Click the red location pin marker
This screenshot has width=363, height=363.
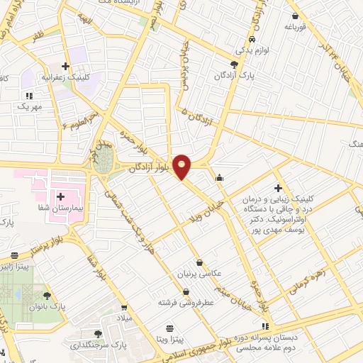(x=182, y=166)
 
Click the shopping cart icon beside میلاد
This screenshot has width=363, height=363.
(x=125, y=308)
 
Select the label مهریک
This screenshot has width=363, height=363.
(x=29, y=106)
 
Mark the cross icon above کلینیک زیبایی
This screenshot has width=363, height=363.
(x=278, y=189)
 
